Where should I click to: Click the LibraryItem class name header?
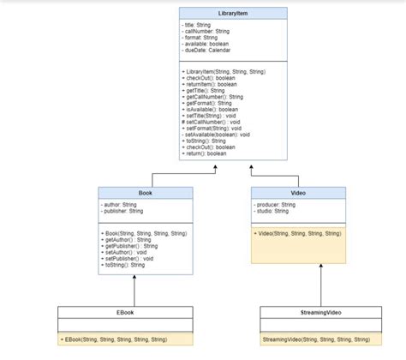[x=227, y=14]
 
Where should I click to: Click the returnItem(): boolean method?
[x=212, y=84]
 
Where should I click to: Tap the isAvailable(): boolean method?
[x=211, y=110]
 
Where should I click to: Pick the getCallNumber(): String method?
[x=215, y=97]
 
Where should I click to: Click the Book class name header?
[x=134, y=193]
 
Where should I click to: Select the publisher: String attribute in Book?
[x=122, y=211]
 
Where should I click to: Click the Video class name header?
[x=298, y=193]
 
